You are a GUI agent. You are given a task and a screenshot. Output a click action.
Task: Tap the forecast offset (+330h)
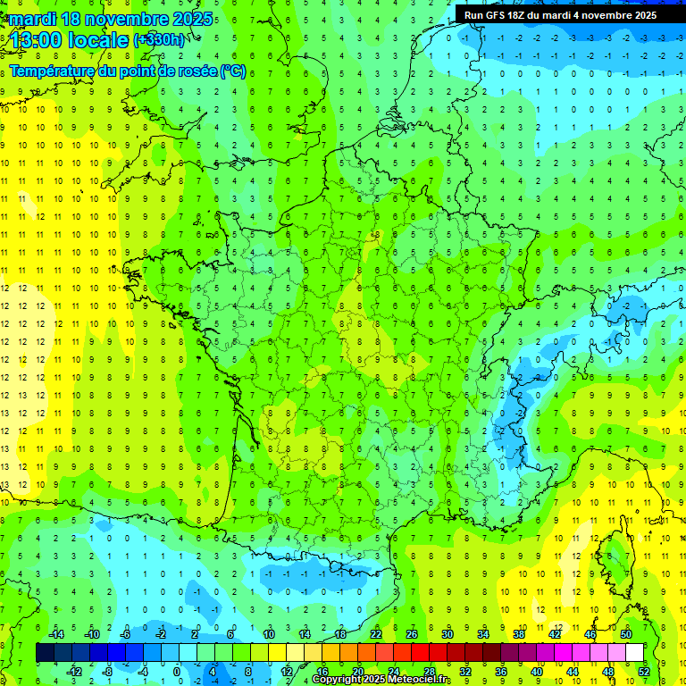[x=160, y=39]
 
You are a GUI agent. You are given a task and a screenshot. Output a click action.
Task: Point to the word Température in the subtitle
[x=53, y=71]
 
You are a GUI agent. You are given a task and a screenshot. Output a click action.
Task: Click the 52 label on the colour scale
[x=644, y=671]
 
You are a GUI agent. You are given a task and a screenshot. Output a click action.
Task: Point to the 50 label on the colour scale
[x=626, y=633]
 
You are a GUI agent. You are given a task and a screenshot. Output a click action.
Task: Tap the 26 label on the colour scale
[x=412, y=633]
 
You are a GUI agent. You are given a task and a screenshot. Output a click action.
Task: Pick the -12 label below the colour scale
[x=75, y=671]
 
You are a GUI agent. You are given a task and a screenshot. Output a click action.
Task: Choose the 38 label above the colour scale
[x=519, y=633]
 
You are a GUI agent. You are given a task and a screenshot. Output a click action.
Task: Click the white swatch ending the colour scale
[x=634, y=652]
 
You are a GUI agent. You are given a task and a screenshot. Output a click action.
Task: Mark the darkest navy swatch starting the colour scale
[x=45, y=652]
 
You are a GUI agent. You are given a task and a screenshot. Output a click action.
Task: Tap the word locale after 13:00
[x=96, y=39]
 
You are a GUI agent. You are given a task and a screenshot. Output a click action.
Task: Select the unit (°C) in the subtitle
[x=233, y=71]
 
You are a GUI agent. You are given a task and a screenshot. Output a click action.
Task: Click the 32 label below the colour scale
[x=465, y=671]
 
